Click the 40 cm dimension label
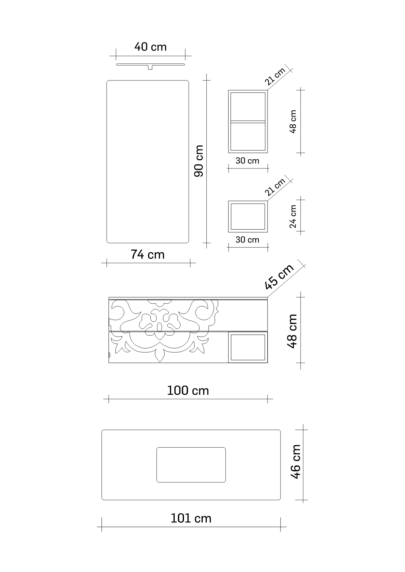click(150, 47)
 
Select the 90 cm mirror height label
click(199, 161)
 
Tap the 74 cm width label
click(148, 254)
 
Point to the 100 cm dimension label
click(188, 391)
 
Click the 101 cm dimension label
click(191, 518)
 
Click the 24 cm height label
click(292, 216)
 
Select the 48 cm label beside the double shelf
click(292, 121)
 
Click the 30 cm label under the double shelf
click(247, 161)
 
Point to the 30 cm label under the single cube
click(247, 240)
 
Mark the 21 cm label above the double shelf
click(275, 76)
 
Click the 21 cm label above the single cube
click(275, 187)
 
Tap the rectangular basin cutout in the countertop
click(191, 465)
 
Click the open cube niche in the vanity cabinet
click(248, 347)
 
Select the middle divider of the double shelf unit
click(248, 121)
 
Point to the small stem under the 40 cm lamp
click(150, 68)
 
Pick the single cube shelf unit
click(248, 216)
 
